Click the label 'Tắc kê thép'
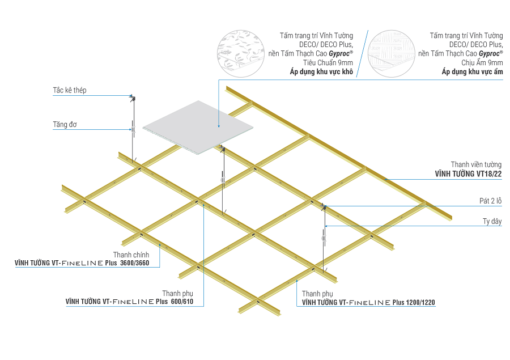point(69,90)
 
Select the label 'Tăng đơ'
point(65,124)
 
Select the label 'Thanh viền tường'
point(476,164)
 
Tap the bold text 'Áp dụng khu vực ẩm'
point(472,73)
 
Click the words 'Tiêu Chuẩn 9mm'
point(329,63)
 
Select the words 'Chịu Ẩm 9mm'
point(482,63)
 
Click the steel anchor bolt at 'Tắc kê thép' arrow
point(133,98)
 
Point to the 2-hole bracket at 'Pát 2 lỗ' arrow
point(324,206)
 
